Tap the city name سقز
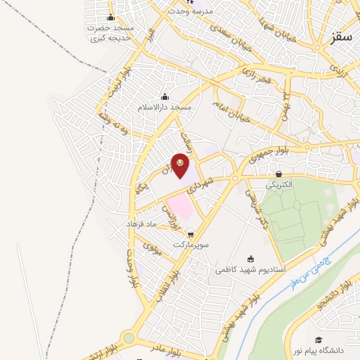(341, 37)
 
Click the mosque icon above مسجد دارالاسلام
(165, 96)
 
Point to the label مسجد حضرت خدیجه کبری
(109, 33)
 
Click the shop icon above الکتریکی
(280, 174)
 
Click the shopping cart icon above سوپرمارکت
(191, 234)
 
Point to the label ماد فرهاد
(144, 223)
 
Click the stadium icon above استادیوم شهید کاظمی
(251, 259)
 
